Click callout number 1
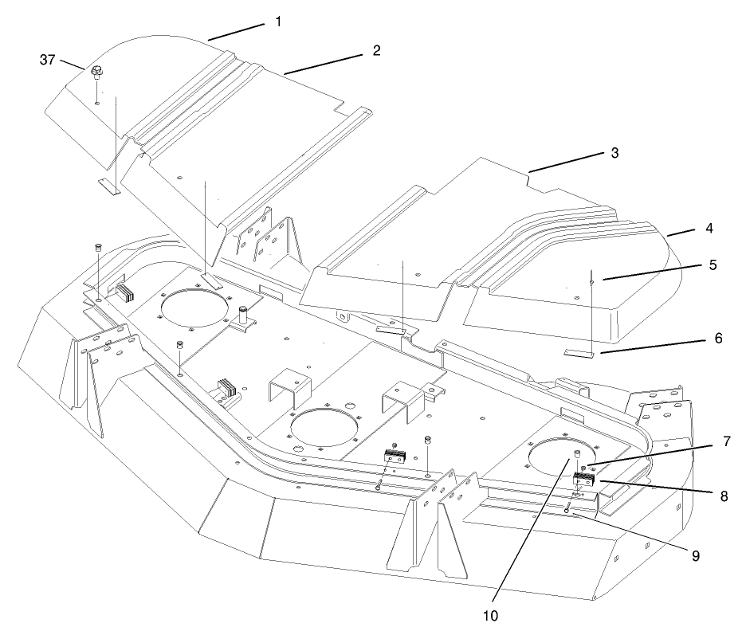tap(278, 22)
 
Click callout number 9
tap(694, 555)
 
